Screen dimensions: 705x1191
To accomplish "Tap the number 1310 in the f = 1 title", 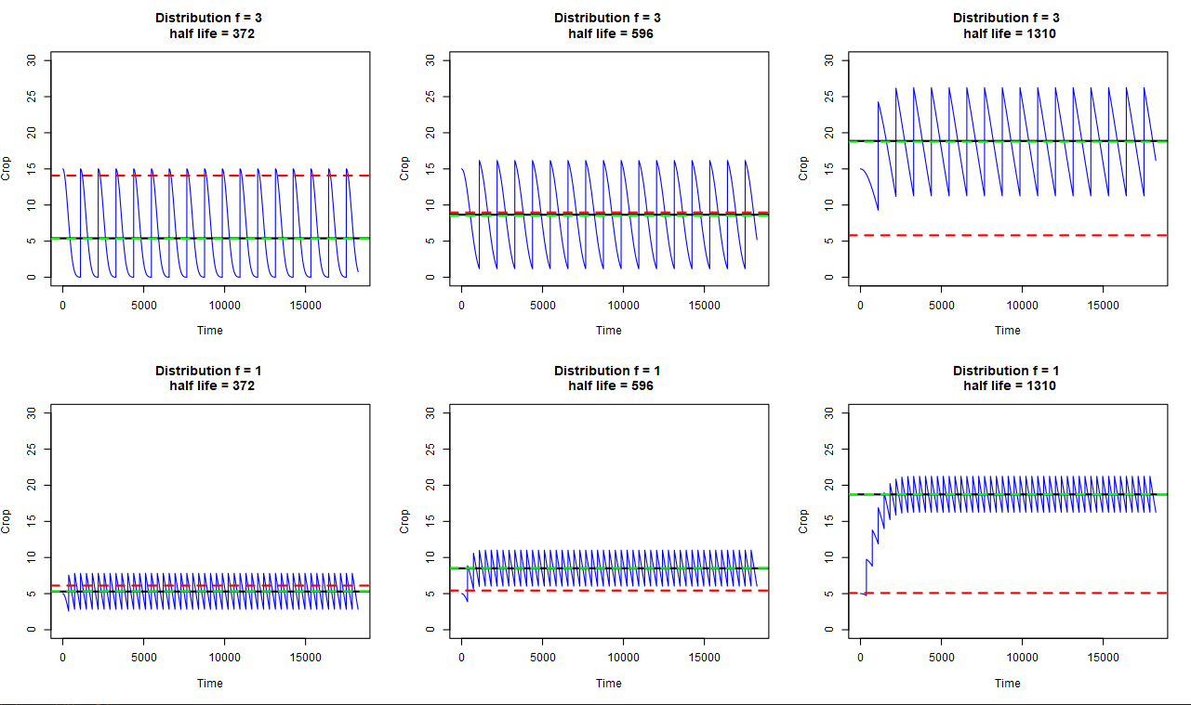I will pyautogui.click(x=1037, y=385).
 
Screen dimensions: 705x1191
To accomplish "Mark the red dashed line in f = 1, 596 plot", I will pyautogui.click(x=651, y=590).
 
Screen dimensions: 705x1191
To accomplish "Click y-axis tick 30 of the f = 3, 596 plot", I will pyautogui.click(x=430, y=60).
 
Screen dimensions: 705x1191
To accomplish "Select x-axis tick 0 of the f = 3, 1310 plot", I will pyautogui.click(x=860, y=305).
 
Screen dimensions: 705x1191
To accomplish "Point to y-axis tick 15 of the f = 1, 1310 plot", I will pyautogui.click(x=828, y=521).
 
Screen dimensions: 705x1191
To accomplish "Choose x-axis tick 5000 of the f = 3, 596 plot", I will pyautogui.click(x=542, y=305).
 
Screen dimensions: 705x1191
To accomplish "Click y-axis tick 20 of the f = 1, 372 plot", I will pyautogui.click(x=31, y=485).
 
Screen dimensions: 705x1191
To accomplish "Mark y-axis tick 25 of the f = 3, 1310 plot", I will pyautogui.click(x=828, y=97).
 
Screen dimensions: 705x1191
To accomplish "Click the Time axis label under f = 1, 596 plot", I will pyautogui.click(x=609, y=683).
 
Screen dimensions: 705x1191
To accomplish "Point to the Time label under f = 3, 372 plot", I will pyautogui.click(x=210, y=330).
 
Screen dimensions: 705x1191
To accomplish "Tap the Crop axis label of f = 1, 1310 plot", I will pyautogui.click(x=803, y=521).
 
